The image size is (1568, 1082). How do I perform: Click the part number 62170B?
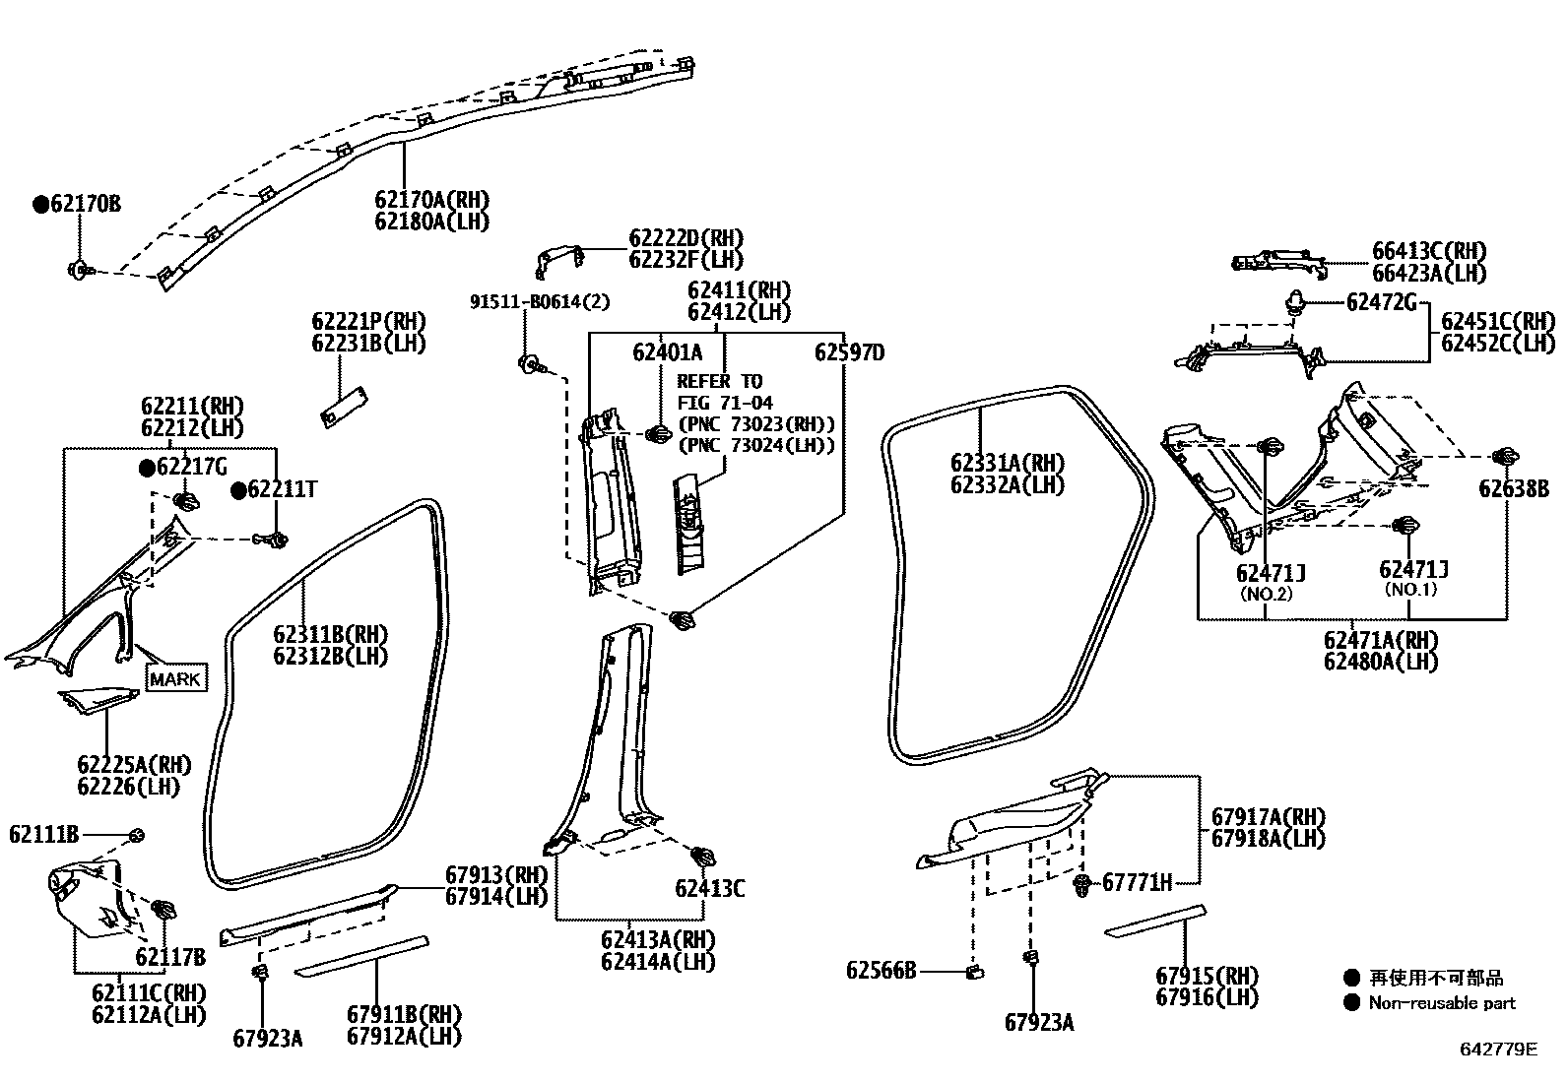85,205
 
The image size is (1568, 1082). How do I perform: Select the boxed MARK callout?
176,678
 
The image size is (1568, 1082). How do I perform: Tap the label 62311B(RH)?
330,634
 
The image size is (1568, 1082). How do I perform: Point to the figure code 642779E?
1497,1049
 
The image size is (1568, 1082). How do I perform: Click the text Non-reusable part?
1442,1003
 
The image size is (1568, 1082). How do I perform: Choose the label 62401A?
667,351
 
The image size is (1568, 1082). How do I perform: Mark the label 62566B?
881,971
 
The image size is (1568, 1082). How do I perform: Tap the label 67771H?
1137,882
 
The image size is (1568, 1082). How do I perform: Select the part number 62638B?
1513,488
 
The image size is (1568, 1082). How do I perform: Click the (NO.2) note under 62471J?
1265,594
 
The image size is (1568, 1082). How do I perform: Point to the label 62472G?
1381,302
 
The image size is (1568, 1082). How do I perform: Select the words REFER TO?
720,381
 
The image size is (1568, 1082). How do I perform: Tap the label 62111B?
43,834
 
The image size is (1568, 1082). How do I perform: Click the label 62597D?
849,351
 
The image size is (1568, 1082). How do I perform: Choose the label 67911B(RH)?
404,1014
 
